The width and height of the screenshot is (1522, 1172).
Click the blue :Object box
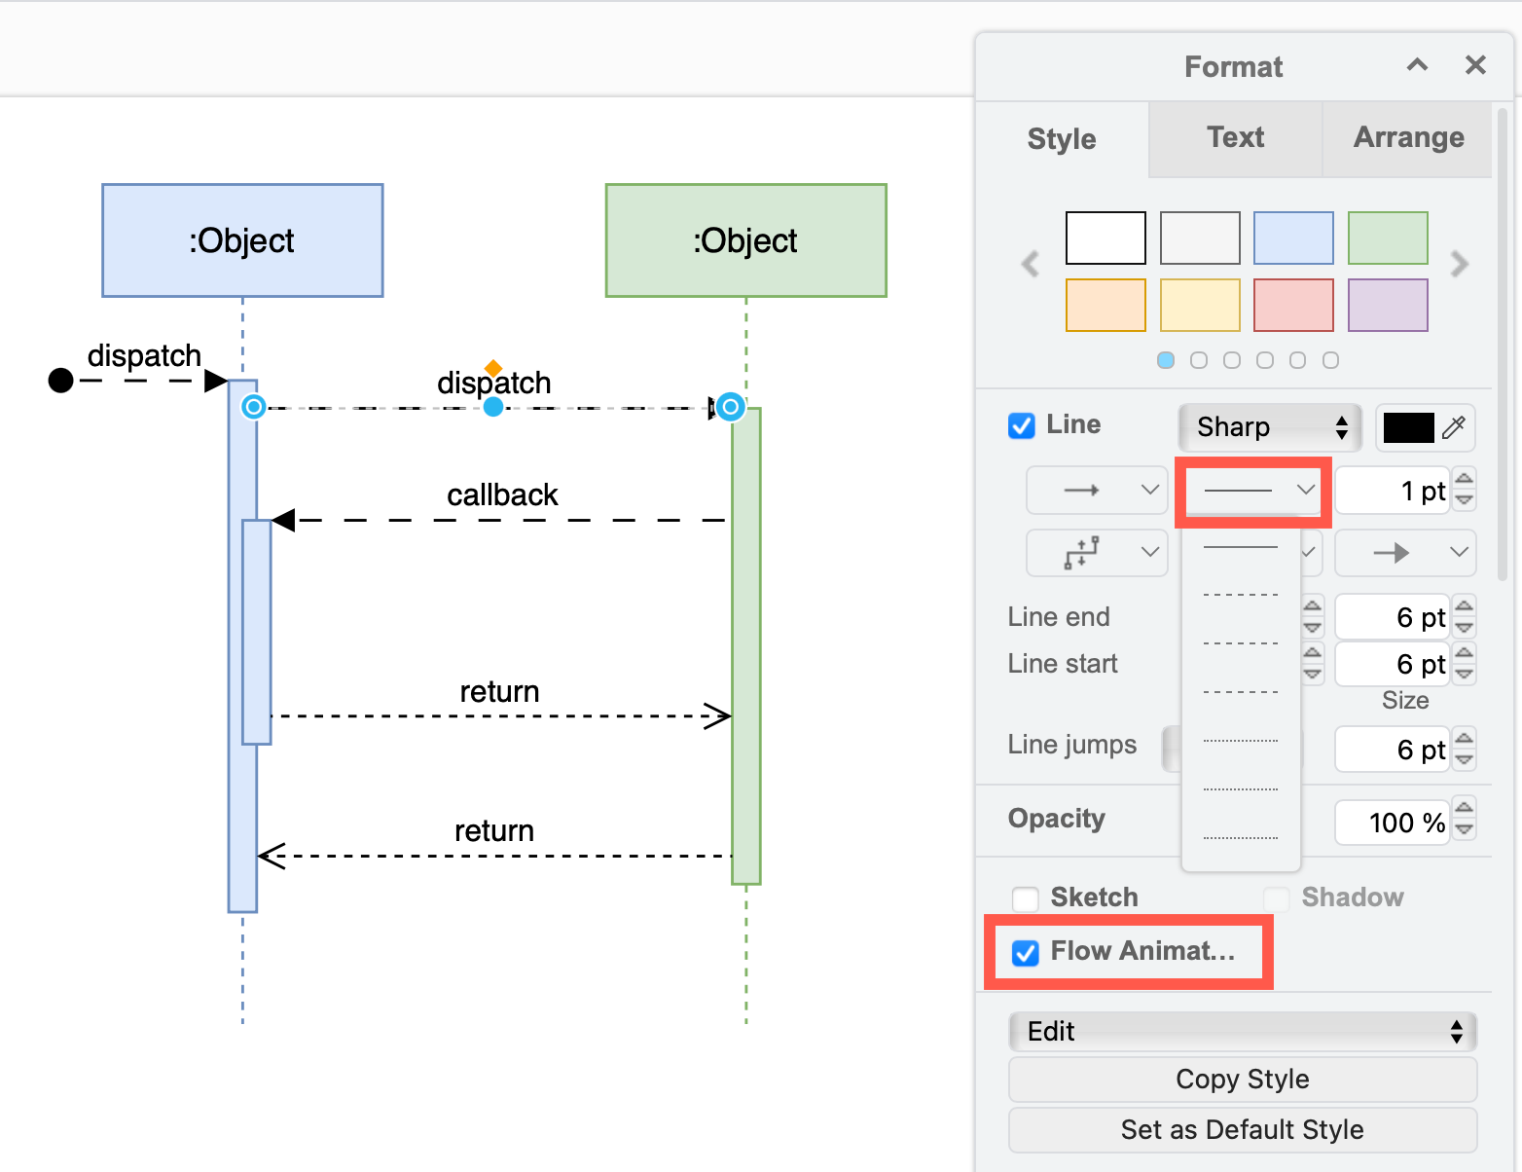242,240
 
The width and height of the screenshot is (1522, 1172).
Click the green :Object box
745,240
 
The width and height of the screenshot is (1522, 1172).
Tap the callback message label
502,495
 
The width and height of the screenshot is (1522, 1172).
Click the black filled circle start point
61,380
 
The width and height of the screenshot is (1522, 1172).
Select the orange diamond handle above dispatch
493,367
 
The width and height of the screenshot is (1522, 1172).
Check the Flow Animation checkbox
1026,953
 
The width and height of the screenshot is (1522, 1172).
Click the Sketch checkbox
1026,898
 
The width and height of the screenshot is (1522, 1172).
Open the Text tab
1235,138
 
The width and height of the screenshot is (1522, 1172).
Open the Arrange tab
1408,138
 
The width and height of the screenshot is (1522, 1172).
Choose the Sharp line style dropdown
1269,427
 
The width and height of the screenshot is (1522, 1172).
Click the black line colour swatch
1408,427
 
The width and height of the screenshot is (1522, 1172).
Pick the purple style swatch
1388,305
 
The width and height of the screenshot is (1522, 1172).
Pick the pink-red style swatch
1293,305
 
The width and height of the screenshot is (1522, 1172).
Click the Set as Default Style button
1242,1129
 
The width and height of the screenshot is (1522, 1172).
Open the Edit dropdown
1242,1032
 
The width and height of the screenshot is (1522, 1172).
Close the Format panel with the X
1475,65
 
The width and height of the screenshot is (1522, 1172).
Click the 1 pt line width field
1394,491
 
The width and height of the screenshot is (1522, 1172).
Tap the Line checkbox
1022,426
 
